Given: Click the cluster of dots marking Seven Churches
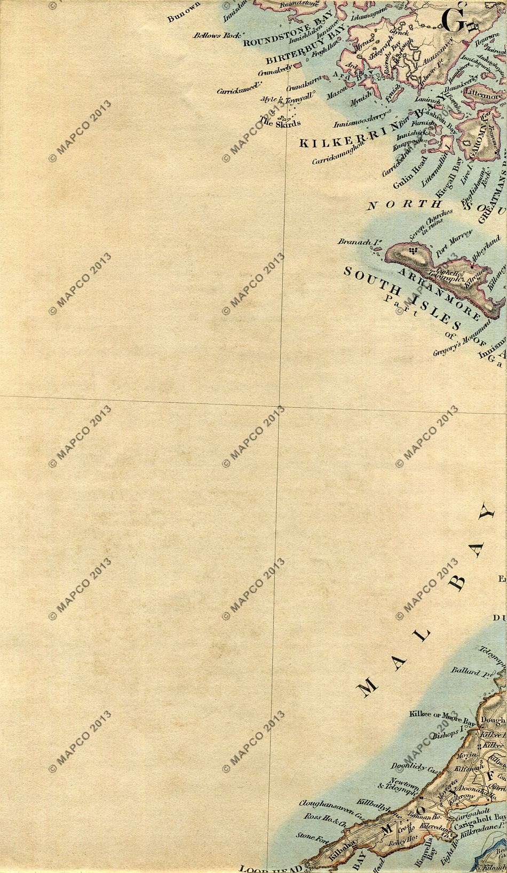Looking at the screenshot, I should pos(411,250).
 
